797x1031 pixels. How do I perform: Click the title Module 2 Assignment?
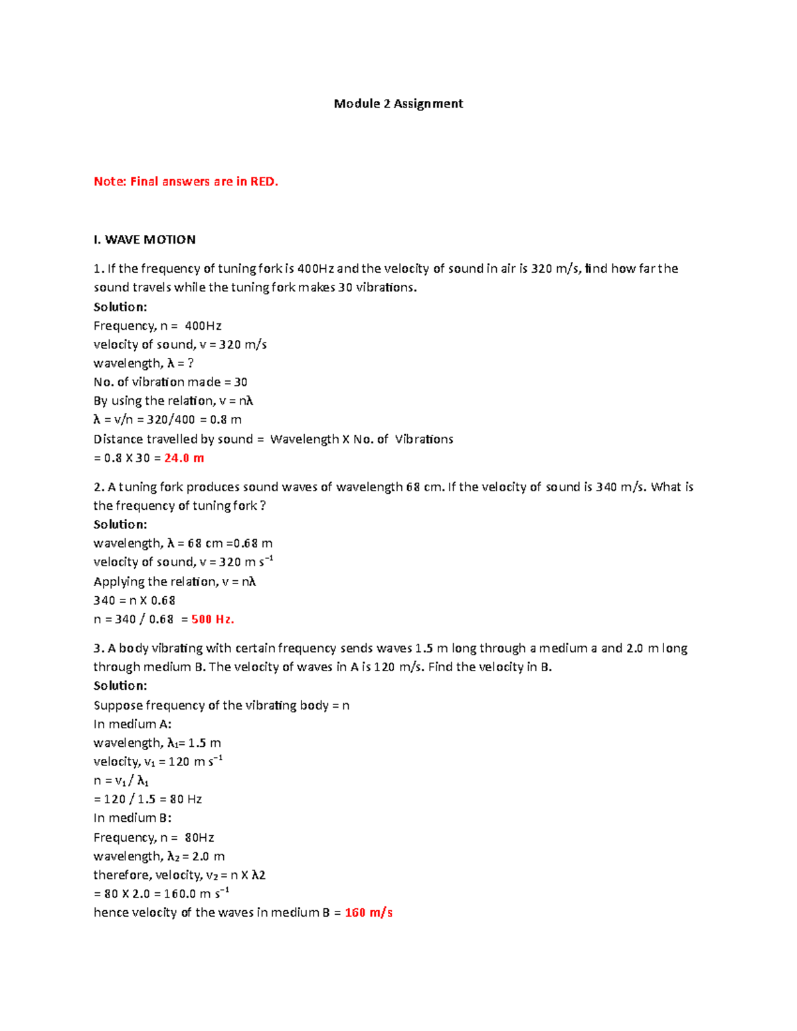click(x=398, y=104)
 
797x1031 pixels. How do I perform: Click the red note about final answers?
click(x=186, y=181)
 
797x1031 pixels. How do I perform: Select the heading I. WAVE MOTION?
click(x=145, y=240)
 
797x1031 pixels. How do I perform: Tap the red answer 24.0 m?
click(x=184, y=458)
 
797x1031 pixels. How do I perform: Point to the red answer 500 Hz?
click(x=213, y=619)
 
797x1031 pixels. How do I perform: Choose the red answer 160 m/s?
click(x=369, y=913)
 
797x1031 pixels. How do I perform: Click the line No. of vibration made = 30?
click(x=171, y=382)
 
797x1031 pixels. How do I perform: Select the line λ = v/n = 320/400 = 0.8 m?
click(x=167, y=420)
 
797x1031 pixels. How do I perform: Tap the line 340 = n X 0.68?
click(x=134, y=601)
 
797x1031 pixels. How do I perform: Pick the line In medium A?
click(x=133, y=724)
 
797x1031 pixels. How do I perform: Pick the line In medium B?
click(x=133, y=819)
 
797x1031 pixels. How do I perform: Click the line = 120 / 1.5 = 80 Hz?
click(x=148, y=799)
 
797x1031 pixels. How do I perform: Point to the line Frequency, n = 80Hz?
click(x=153, y=838)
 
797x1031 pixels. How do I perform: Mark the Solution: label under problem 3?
click(x=120, y=686)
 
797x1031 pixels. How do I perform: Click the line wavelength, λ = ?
click(x=143, y=364)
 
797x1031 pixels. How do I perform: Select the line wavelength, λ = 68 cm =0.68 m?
click(x=183, y=544)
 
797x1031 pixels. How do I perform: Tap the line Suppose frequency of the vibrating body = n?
click(x=221, y=705)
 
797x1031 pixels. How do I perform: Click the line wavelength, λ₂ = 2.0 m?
click(x=159, y=856)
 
